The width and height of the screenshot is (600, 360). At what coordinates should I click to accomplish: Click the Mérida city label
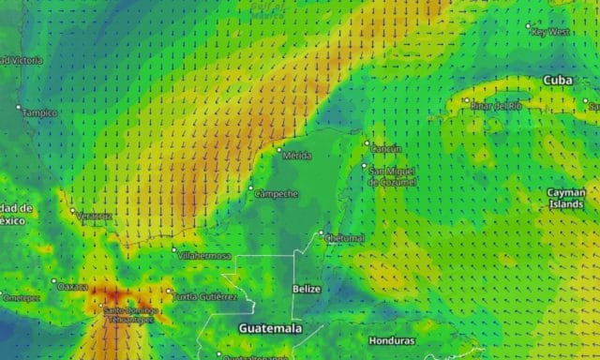(297, 155)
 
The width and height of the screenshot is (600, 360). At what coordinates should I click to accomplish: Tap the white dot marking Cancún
(367, 143)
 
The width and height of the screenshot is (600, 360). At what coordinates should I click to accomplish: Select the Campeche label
(277, 194)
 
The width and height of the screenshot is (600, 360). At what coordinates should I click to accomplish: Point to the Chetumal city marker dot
(322, 233)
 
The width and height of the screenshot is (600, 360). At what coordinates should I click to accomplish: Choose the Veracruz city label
(94, 217)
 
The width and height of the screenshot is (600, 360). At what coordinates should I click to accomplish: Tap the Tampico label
(39, 113)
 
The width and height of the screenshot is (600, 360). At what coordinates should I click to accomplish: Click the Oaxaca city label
(73, 287)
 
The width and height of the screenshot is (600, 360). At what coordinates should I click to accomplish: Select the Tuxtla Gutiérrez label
(205, 296)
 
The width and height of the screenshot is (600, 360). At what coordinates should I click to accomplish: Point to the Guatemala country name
(270, 329)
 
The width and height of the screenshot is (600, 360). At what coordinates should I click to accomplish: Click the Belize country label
(307, 290)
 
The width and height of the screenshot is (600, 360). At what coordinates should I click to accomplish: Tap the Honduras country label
(391, 340)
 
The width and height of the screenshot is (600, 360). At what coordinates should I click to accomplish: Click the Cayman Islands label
(566, 198)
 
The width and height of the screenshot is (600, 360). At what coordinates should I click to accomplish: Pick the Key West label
(550, 32)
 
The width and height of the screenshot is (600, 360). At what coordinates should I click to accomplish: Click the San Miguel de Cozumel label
(392, 175)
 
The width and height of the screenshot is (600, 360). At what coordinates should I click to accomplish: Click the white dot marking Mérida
(278, 148)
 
